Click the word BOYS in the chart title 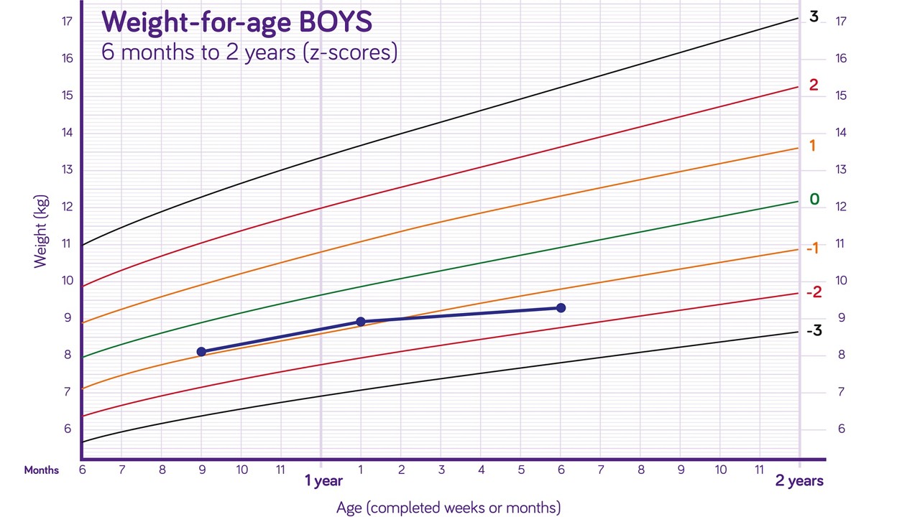(x=335, y=22)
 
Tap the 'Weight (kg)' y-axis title (x=41, y=230)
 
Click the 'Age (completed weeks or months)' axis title (x=448, y=508)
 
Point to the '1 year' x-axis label (x=323, y=481)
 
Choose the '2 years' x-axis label (x=799, y=481)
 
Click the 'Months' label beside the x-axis (x=41, y=470)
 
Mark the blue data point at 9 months (x=201, y=352)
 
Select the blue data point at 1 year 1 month (x=361, y=322)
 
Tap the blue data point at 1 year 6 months (x=561, y=308)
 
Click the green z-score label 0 (x=814, y=200)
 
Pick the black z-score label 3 (x=814, y=17)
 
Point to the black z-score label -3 (x=814, y=331)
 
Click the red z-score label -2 (x=814, y=292)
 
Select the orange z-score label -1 (x=812, y=248)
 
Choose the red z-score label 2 (x=813, y=85)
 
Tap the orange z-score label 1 (x=812, y=146)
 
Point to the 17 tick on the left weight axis (x=67, y=22)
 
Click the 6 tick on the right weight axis (x=841, y=429)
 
